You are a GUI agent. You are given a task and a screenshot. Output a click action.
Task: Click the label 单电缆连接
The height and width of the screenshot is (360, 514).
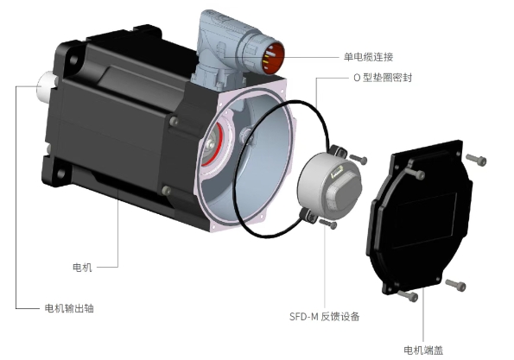point(368,57)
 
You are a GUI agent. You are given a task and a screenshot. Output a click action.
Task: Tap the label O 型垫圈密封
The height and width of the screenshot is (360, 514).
point(383,78)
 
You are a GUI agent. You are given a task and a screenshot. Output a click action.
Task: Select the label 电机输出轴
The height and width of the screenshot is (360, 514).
point(69,308)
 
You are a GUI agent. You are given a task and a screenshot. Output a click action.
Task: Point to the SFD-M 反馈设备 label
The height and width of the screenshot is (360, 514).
point(325,317)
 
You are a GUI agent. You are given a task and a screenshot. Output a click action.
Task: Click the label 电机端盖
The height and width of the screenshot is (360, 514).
point(423,351)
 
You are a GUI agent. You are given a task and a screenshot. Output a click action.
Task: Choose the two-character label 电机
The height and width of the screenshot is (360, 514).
point(82,268)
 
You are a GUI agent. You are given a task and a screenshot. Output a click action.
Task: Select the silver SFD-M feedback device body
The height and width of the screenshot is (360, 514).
point(329,186)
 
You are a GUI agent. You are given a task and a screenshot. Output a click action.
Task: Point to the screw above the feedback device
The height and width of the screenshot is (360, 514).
point(359,159)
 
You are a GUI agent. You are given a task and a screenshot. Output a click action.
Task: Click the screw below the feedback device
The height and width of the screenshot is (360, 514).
point(328,224)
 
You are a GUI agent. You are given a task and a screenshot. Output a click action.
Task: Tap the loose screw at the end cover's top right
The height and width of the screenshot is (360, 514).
point(476,160)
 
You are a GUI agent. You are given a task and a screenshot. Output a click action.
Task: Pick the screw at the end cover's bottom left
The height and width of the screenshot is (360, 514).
point(409,296)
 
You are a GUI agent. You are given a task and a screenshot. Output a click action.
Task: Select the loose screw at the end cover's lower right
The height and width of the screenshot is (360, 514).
point(455,285)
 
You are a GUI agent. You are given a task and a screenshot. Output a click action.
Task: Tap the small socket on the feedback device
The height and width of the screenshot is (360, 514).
point(337,172)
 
